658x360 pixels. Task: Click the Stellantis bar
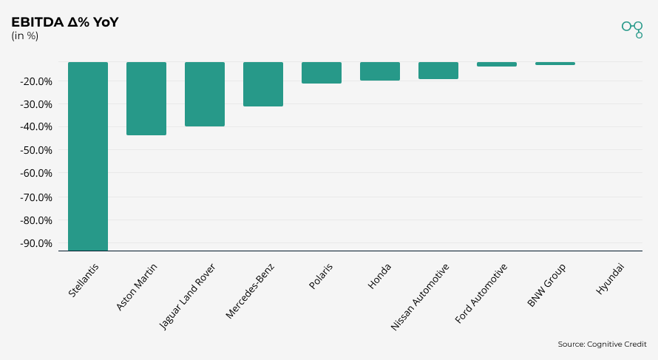(x=88, y=156)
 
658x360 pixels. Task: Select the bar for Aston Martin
(x=146, y=98)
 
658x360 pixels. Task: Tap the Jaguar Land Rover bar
(x=205, y=94)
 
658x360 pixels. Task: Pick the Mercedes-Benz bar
(x=263, y=84)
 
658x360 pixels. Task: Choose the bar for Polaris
(x=322, y=72)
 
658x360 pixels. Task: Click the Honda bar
(x=380, y=71)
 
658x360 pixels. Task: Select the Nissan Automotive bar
(x=438, y=70)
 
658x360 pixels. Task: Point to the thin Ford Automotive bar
(x=497, y=64)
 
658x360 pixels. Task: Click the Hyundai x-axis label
(x=610, y=279)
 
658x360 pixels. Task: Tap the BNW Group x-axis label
(x=547, y=285)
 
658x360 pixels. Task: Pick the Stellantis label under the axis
(x=84, y=281)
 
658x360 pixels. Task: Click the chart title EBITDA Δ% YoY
(x=65, y=22)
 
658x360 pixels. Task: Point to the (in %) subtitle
(x=25, y=35)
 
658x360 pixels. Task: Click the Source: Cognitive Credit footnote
(x=602, y=344)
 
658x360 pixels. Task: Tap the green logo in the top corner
(x=632, y=28)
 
